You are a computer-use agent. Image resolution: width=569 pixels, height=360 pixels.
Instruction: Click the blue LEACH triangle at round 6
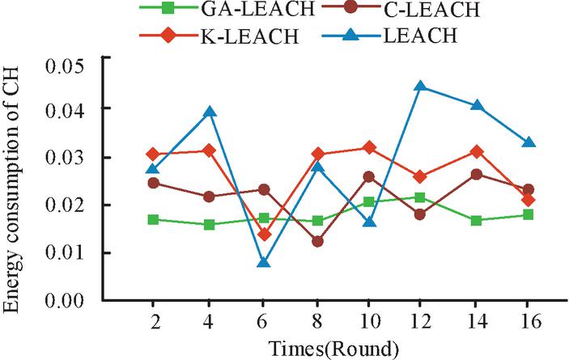264,262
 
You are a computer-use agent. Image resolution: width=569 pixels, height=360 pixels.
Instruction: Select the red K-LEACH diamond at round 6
264,235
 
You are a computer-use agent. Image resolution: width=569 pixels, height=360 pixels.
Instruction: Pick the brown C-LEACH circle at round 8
317,241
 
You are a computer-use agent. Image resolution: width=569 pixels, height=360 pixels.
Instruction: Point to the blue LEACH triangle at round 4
210,112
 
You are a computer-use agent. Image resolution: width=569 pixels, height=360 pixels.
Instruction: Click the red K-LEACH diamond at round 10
370,148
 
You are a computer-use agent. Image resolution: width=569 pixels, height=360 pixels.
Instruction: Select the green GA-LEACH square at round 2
154,219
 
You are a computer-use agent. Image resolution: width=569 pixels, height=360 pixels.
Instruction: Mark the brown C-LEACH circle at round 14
477,174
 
